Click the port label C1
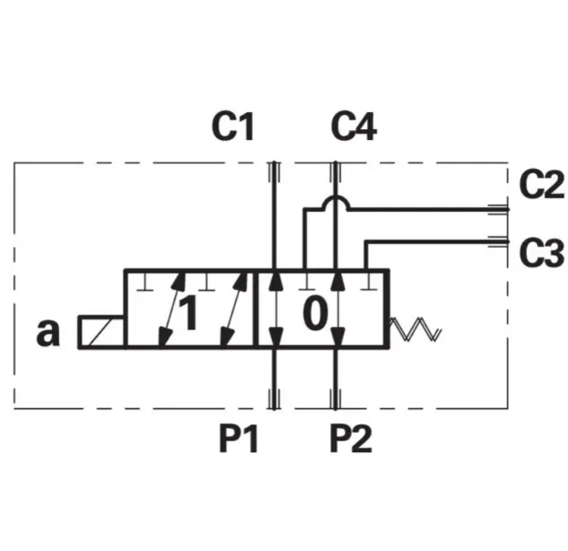233,128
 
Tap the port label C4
354,128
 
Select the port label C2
541,186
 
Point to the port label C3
541,253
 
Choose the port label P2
350,439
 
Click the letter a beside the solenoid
48,332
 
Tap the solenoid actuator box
101,331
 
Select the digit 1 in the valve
188,314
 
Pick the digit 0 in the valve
315,314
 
